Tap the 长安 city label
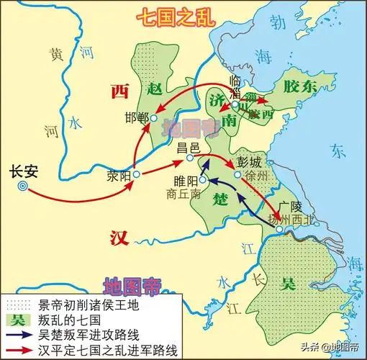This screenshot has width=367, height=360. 22,172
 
